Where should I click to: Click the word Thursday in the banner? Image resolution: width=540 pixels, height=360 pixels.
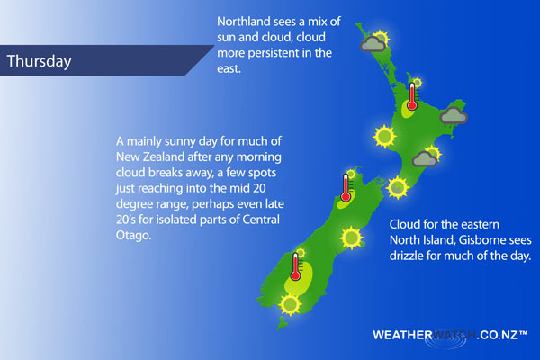(39, 61)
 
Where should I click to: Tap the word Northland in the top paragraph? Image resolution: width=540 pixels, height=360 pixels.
(244, 22)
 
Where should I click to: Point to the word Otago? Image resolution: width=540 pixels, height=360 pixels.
(133, 235)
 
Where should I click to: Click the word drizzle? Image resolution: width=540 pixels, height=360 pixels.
(406, 256)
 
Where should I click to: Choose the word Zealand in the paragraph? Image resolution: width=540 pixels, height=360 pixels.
(164, 157)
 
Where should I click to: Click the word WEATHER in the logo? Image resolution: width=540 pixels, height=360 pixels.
(403, 335)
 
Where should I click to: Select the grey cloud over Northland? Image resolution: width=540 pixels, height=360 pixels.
(373, 44)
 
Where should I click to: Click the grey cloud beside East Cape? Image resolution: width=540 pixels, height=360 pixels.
(454, 115)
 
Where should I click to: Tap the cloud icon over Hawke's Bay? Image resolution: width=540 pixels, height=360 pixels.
(425, 158)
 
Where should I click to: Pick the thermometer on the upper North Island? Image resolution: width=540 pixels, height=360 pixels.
(412, 96)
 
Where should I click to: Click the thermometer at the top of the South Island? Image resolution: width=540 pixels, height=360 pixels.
(346, 187)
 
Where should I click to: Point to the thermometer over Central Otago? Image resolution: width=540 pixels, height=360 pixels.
(295, 266)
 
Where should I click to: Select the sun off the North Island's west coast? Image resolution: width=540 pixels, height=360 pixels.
(384, 137)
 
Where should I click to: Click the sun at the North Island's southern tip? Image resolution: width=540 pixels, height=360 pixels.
(398, 188)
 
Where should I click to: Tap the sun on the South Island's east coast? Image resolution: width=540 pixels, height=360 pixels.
(351, 238)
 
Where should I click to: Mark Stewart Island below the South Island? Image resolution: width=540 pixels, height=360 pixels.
(283, 323)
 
